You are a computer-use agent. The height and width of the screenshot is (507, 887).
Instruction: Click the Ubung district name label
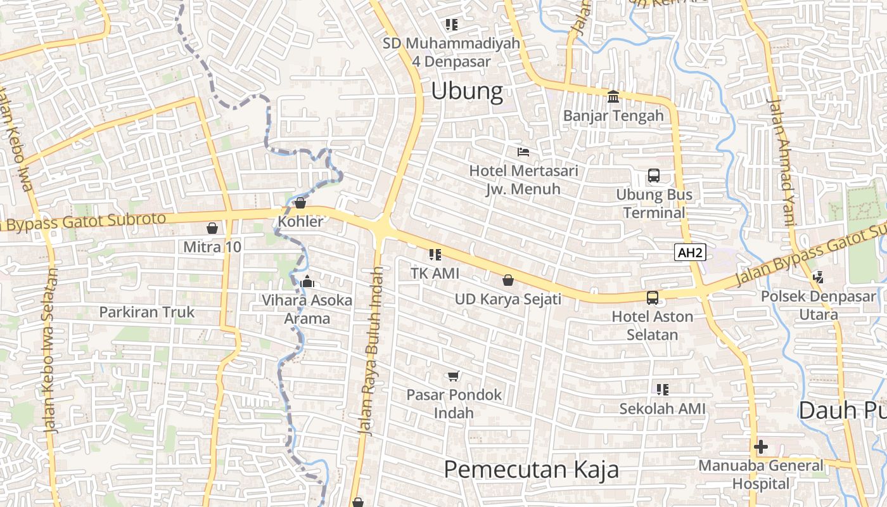[x=467, y=91]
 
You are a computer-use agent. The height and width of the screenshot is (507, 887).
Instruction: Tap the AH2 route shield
[x=690, y=253]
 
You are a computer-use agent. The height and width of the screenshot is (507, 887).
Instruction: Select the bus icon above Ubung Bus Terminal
[x=653, y=176]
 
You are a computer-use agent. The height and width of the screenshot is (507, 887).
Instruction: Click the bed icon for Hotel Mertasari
[x=523, y=151]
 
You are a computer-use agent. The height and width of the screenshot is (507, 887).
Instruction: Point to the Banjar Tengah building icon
[x=613, y=96]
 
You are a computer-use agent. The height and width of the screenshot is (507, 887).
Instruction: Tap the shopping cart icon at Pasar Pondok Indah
[x=453, y=376]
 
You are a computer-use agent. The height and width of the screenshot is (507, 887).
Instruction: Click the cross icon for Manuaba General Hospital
[x=761, y=447]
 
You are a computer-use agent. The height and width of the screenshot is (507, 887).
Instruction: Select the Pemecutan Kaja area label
[x=531, y=470]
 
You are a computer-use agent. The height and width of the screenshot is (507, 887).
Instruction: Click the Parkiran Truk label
[x=147, y=312]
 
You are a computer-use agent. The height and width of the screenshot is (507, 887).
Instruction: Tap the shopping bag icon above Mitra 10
[x=212, y=228]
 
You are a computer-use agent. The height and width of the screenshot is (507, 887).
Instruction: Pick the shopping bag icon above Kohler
[x=300, y=203]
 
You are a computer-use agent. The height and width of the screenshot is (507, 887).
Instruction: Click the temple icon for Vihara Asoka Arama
[x=307, y=281]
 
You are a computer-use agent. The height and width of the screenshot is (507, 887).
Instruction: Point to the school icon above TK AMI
[x=435, y=255]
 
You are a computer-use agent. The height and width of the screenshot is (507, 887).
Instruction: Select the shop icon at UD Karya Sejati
[x=507, y=279]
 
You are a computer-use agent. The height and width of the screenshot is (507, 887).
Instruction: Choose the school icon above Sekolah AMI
[x=662, y=389]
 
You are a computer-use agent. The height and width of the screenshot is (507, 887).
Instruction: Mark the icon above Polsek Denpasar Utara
[x=818, y=277]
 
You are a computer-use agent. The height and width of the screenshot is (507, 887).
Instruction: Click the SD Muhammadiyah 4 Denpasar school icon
[x=451, y=25]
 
